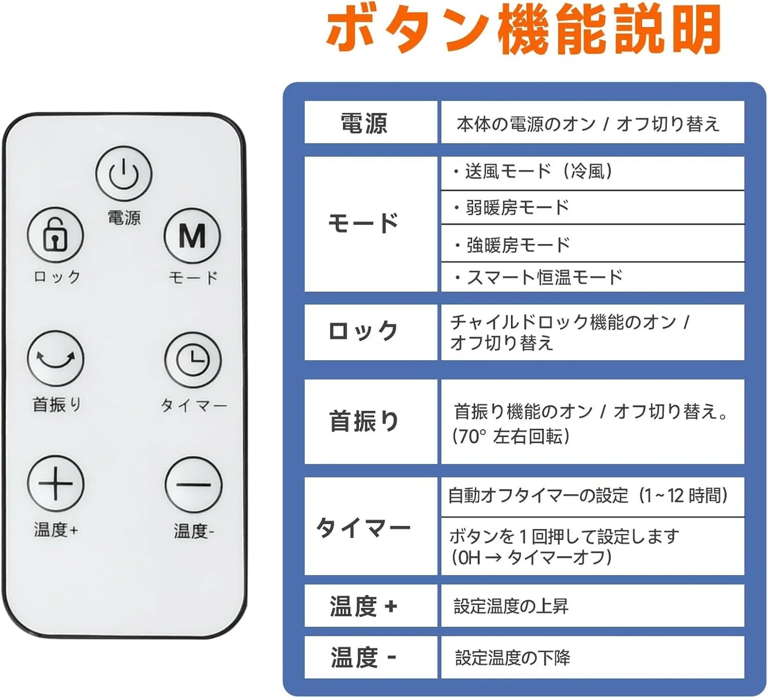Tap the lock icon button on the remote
[55, 235]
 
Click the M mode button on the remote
[192, 236]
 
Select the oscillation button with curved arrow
[55, 358]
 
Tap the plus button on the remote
[55, 483]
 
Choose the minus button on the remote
[193, 484]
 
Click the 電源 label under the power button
[124, 218]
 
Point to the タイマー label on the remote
[194, 405]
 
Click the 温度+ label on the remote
[56, 529]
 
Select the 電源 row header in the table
[364, 124]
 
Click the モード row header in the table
[364, 223]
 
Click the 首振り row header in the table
[364, 421]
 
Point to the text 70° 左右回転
[511, 436]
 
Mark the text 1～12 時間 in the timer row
[683, 495]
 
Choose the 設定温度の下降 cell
[512, 658]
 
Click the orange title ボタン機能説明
[523, 30]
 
